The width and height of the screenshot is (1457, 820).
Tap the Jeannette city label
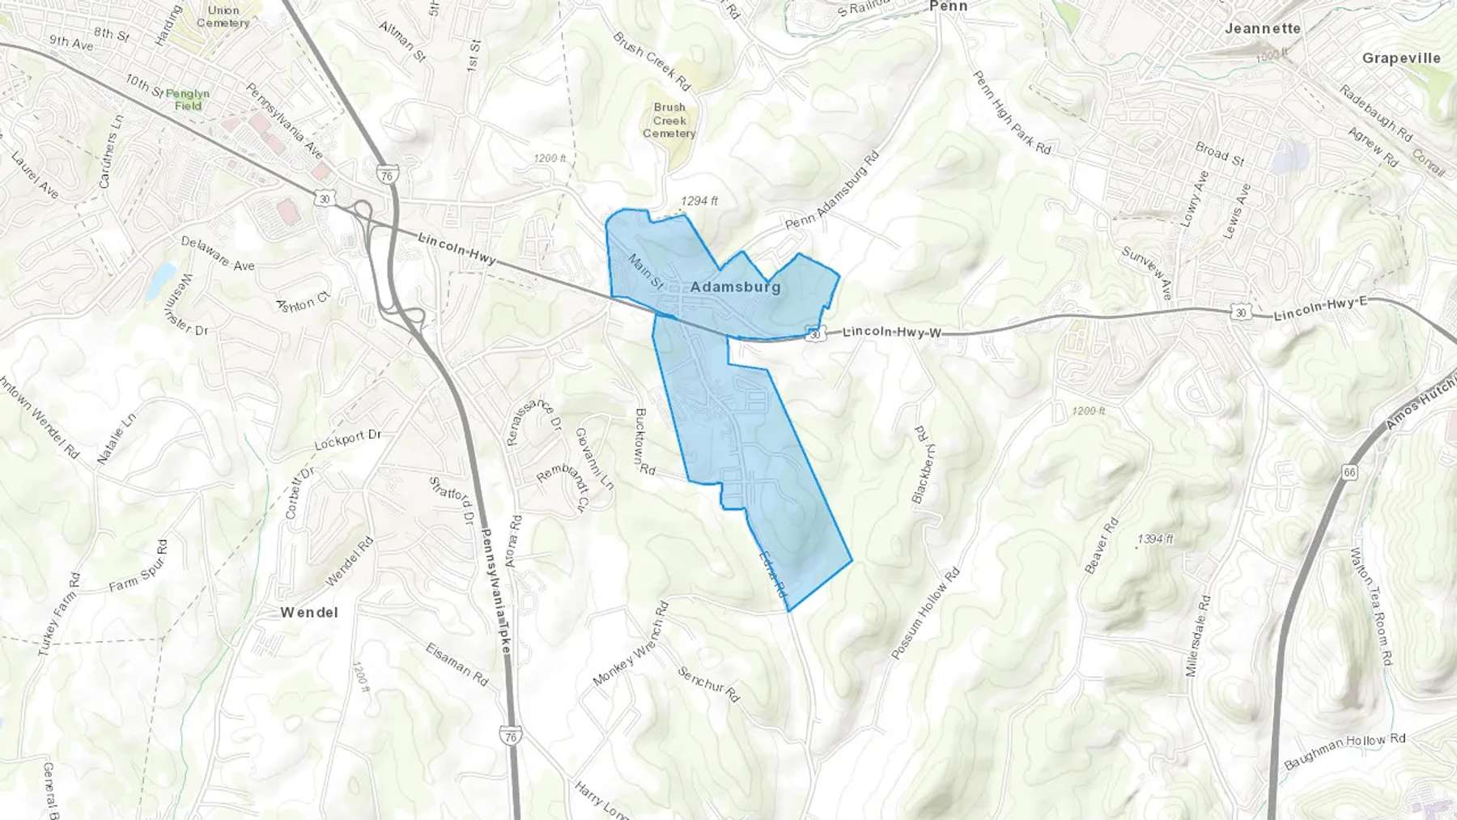pos(1262,28)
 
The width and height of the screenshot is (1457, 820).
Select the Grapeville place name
pos(1401,58)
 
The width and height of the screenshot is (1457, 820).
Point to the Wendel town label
pos(309,613)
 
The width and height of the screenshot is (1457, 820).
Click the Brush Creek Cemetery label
pos(669,120)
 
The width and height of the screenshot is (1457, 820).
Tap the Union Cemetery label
pos(223,16)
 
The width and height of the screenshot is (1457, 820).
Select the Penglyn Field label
pos(187,100)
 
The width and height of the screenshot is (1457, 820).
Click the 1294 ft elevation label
pos(699,201)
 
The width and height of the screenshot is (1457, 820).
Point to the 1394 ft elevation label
pos(1155,538)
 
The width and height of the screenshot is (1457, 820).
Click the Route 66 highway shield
pos(1349,472)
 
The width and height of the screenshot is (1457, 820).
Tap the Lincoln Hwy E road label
pos(1320,308)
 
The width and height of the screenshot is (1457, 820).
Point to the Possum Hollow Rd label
pos(924,613)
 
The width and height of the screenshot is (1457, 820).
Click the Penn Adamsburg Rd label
pos(832,189)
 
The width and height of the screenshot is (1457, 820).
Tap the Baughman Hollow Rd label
pos(1344,751)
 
